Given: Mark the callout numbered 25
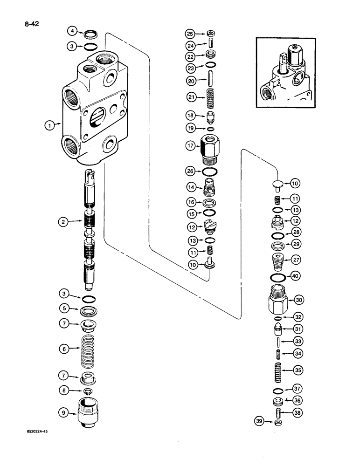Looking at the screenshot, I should pos(190,34).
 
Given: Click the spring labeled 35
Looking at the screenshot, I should pos(278,370).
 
